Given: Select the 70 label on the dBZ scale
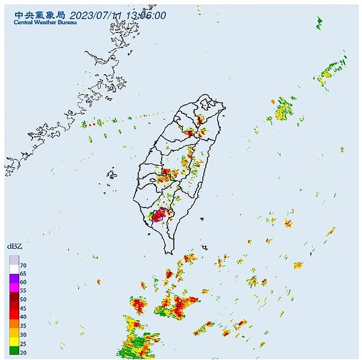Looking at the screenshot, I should (23, 265).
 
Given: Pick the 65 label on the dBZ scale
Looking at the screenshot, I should (23, 274).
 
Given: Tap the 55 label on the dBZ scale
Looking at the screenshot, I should (23, 291).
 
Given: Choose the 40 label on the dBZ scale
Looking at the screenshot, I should (23, 317).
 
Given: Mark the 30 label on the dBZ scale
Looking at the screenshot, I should (23, 333).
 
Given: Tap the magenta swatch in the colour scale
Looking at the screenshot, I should (13, 288).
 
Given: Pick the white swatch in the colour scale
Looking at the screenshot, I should (13, 270).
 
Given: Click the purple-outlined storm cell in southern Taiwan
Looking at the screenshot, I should (159, 215).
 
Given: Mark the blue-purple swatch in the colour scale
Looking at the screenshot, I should (13, 279).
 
